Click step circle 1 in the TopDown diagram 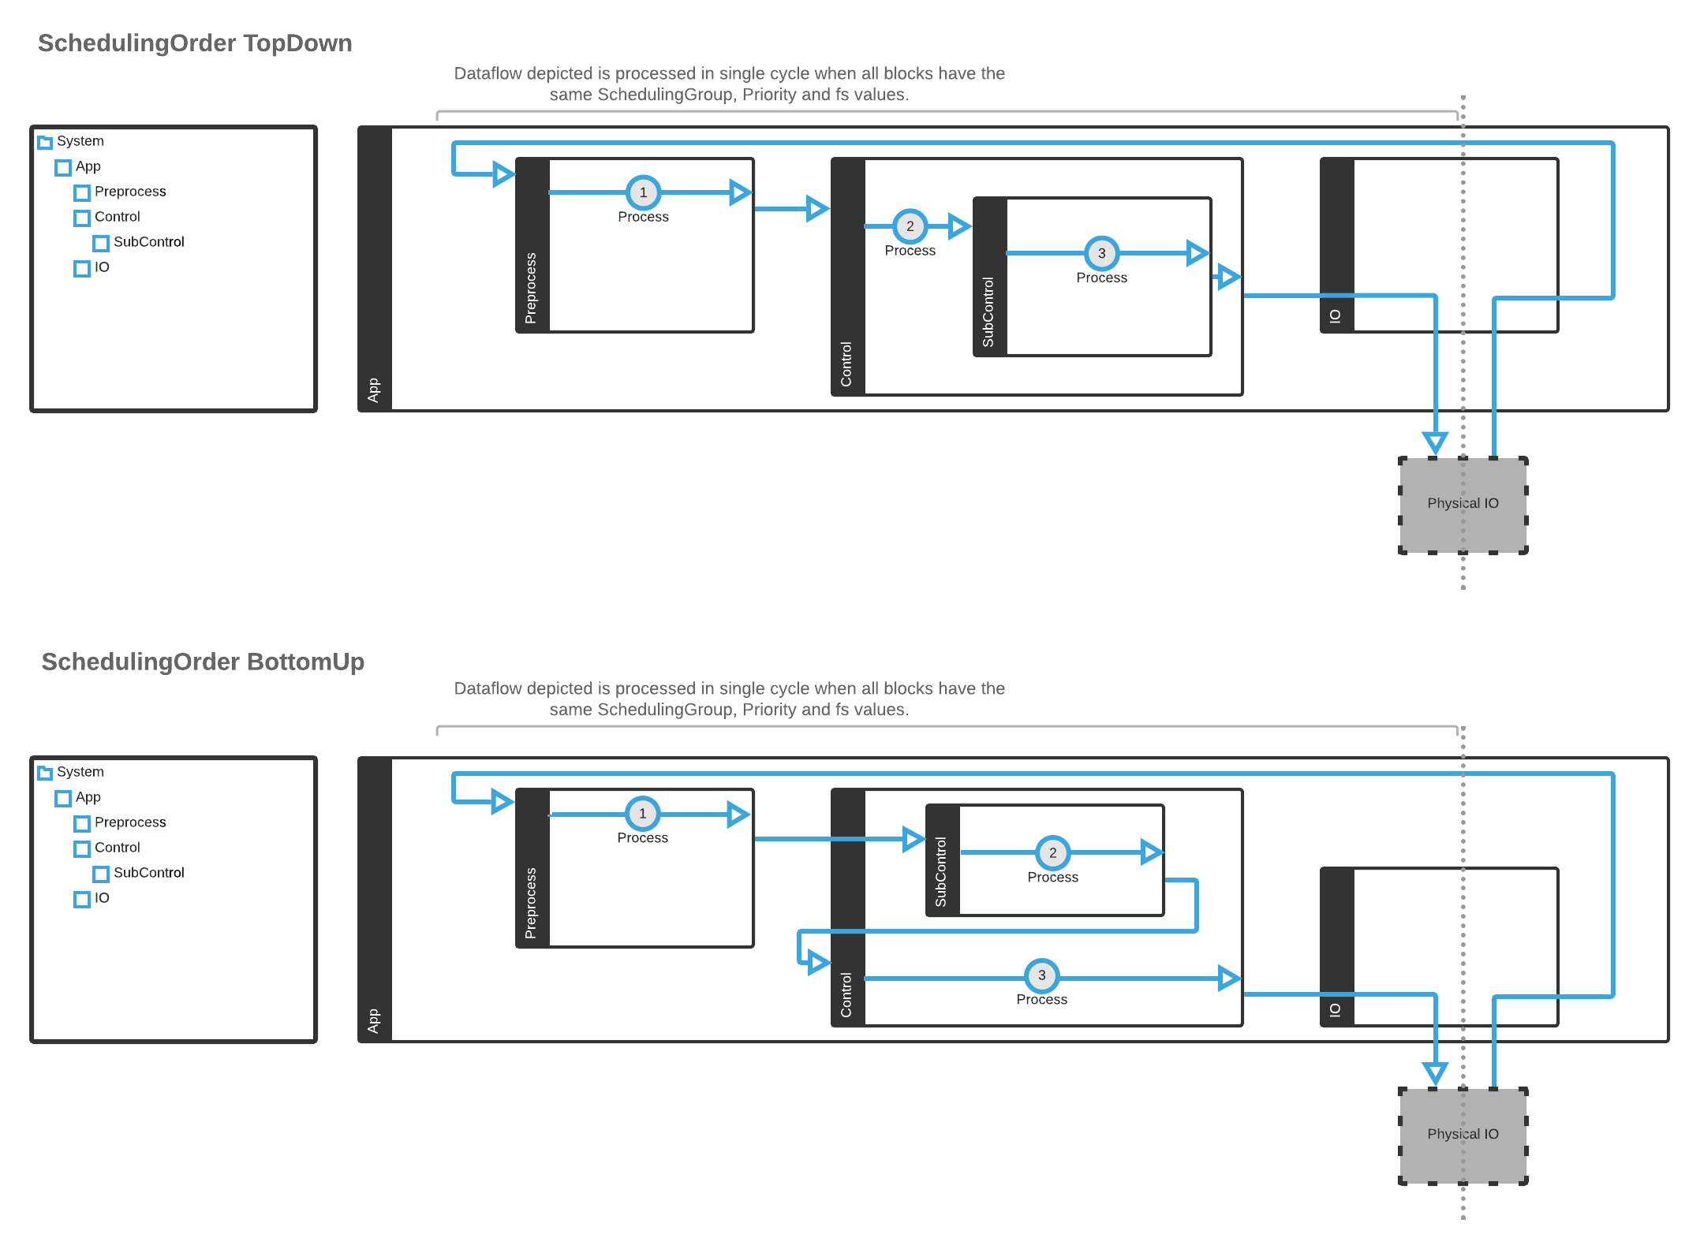coord(643,192)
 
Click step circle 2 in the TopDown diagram coord(910,226)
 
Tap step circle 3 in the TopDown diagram coord(1101,253)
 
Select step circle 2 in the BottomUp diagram coord(1052,852)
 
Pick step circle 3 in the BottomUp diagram coord(1041,975)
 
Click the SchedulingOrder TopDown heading coord(195,43)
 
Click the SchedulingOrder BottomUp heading coord(203,662)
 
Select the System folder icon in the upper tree coord(45,142)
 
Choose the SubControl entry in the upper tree coord(148,242)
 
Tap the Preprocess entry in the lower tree coord(130,822)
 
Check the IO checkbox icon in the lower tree coord(82,899)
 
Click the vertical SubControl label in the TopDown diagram coord(988,312)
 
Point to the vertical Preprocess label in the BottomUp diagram coord(531,903)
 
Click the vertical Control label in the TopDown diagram coord(846,364)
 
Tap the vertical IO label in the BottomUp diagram coord(1335,1010)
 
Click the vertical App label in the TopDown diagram coord(374,390)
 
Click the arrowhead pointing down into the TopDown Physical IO coord(1435,442)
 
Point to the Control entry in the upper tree coord(117,217)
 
